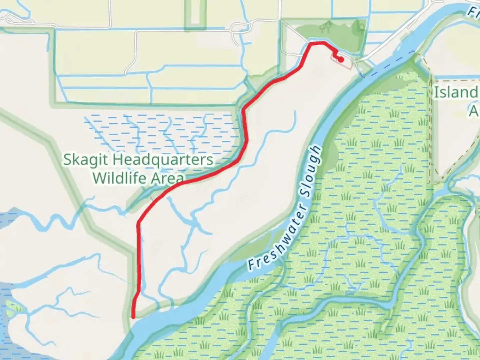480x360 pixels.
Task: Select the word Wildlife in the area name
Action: [x=119, y=178]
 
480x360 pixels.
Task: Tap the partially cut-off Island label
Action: [x=456, y=93]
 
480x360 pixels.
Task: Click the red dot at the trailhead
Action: [x=341, y=60]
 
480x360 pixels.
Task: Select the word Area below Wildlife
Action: [x=167, y=178]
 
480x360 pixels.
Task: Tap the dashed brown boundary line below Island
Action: [x=431, y=133]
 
